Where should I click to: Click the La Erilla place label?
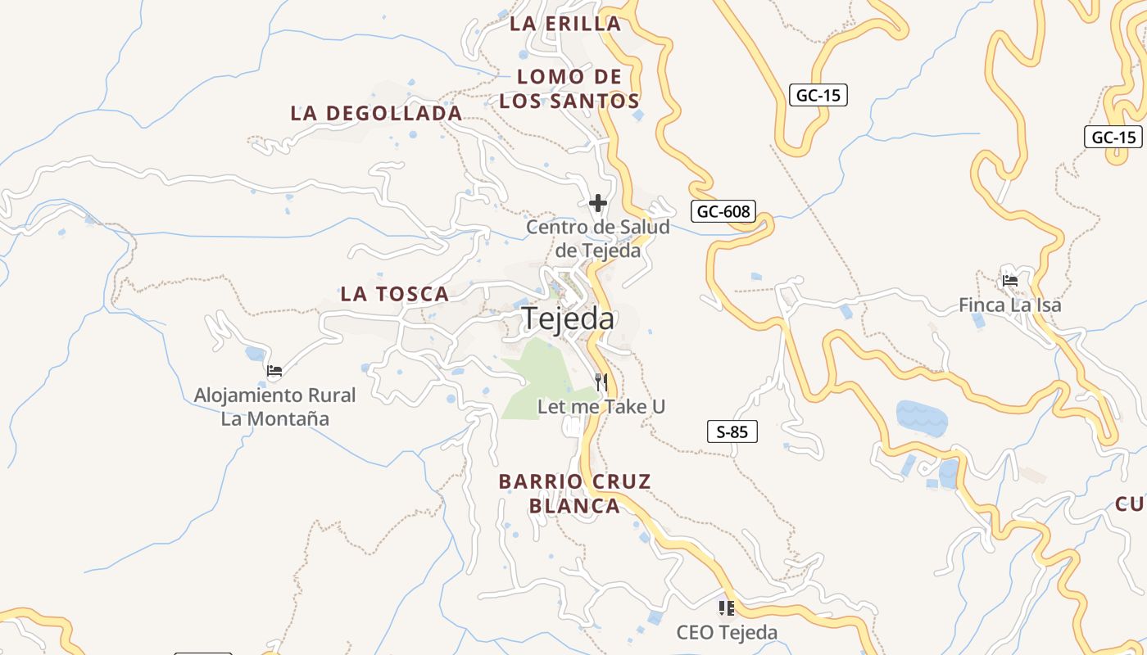point(565,24)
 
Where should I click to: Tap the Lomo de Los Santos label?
point(569,89)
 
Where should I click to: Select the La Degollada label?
point(376,113)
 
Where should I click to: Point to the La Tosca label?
point(395,294)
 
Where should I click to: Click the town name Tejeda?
point(569,318)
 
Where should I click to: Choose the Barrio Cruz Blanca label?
point(574,494)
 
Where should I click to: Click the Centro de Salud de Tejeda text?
point(598,238)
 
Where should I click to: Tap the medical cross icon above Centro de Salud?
point(598,203)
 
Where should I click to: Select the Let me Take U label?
point(601,406)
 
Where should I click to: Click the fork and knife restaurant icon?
point(601,382)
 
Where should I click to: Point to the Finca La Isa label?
point(1009,305)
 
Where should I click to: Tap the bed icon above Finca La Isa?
point(1010,281)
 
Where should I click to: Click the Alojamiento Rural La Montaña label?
point(275,407)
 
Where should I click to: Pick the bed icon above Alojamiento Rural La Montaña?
point(274,371)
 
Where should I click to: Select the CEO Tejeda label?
point(727,632)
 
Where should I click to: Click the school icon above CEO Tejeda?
point(726,608)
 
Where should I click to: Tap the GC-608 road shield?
point(723,211)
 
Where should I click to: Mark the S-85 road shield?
point(732,431)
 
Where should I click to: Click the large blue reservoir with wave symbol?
point(922,418)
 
